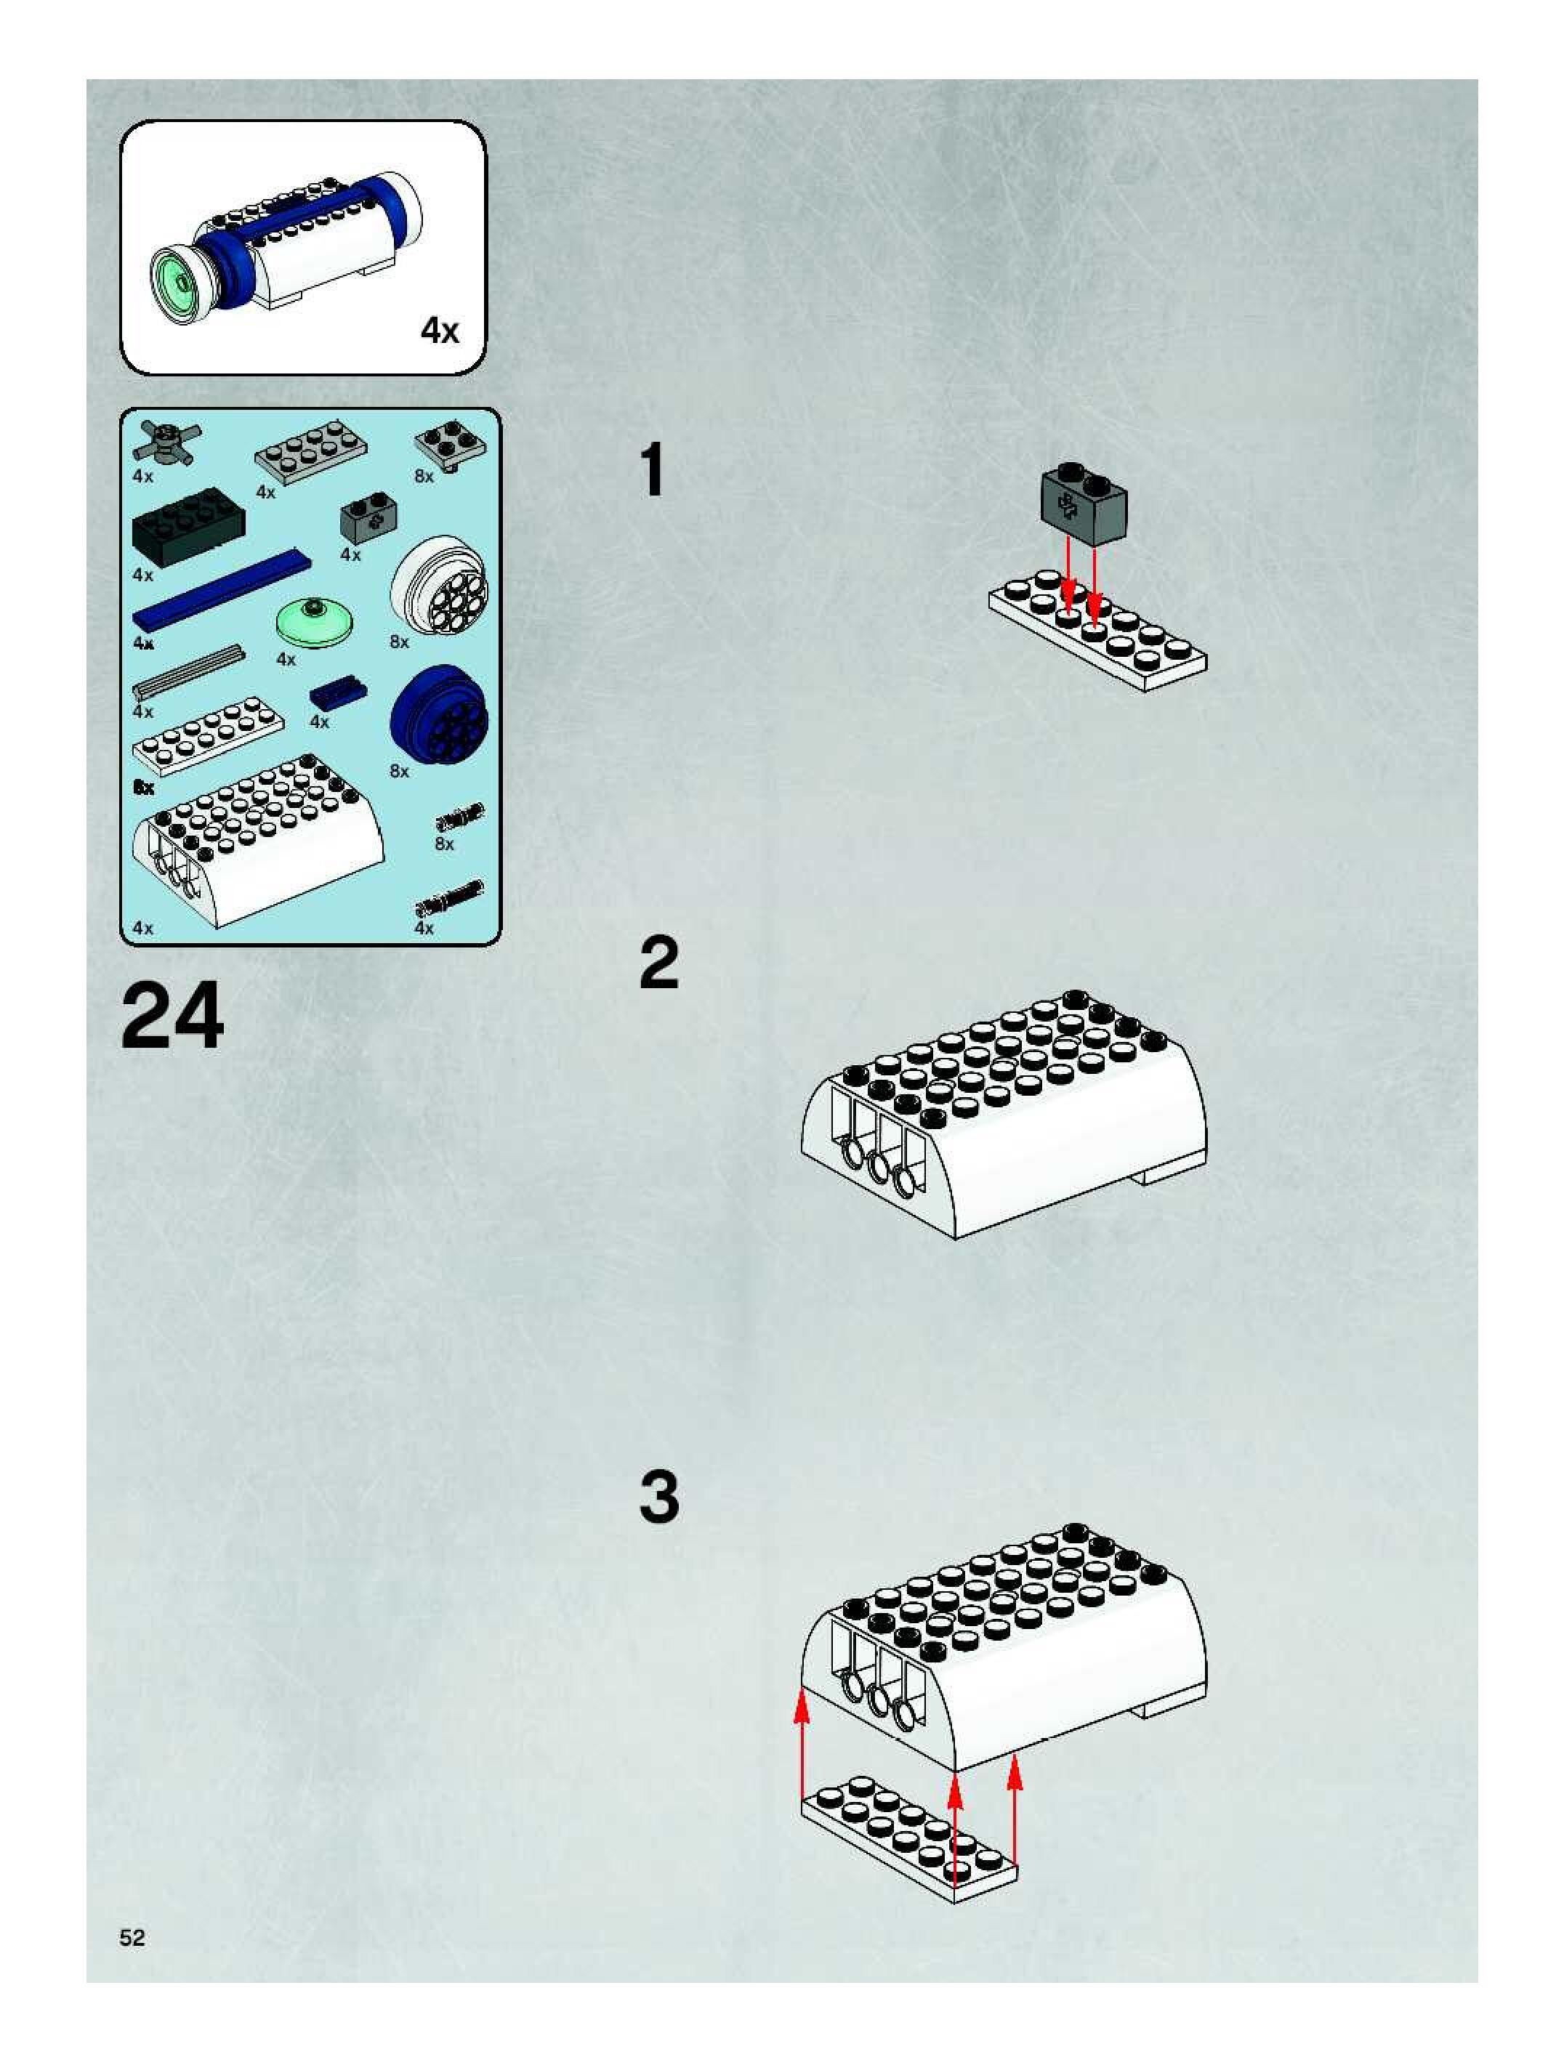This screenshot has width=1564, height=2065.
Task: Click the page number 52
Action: coord(132,1938)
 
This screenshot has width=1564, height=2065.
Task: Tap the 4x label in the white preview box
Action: coord(439,330)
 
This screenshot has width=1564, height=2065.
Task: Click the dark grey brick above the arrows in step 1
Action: coord(1083,505)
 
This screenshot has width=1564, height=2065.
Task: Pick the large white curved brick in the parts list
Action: coord(257,840)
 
